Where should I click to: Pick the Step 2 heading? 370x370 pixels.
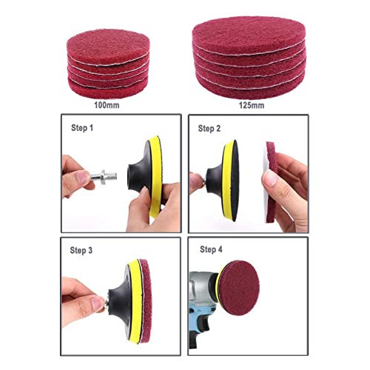coord(210,127)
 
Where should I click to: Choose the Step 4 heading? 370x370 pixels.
coord(210,250)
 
